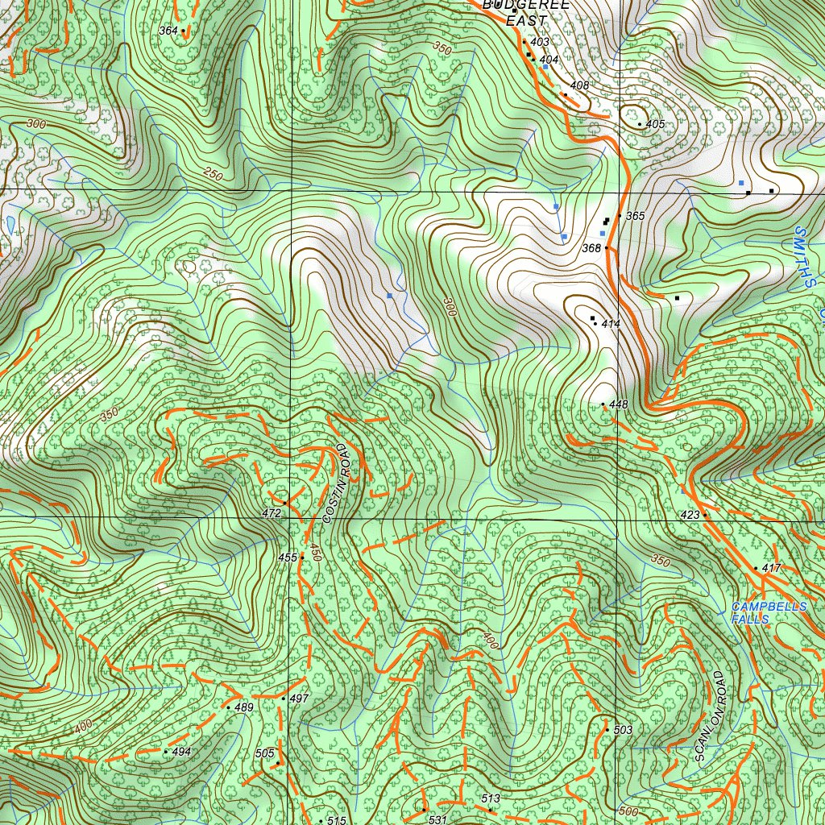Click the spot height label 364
(168, 31)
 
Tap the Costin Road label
(338, 483)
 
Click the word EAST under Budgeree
(526, 21)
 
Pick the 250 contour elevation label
(213, 174)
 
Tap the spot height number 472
(272, 513)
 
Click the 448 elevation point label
(619, 404)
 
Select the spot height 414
(610, 324)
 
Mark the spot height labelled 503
(623, 730)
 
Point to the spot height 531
(437, 819)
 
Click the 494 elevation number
(181, 752)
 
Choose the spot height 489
(243, 708)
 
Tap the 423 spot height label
(690, 514)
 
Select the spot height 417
(771, 569)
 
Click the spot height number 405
(655, 125)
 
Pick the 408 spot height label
(579, 85)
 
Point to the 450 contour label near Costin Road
(316, 553)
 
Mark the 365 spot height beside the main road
(635, 217)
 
